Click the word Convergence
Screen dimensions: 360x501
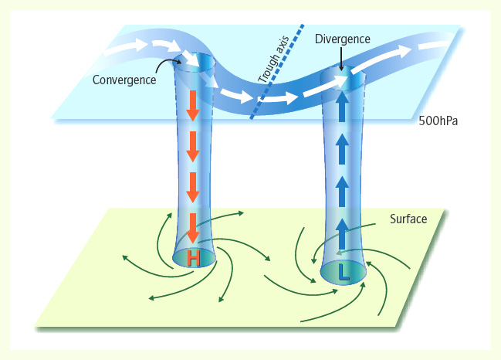pos(124,79)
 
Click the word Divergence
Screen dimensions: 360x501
pos(343,39)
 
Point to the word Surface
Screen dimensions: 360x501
pos(407,220)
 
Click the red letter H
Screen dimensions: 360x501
pos(193,260)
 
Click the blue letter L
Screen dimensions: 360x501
pos(345,273)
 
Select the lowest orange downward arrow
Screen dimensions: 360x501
pos(193,227)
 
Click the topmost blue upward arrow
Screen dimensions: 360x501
pos(341,105)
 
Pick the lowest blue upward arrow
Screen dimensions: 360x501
pos(341,229)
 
